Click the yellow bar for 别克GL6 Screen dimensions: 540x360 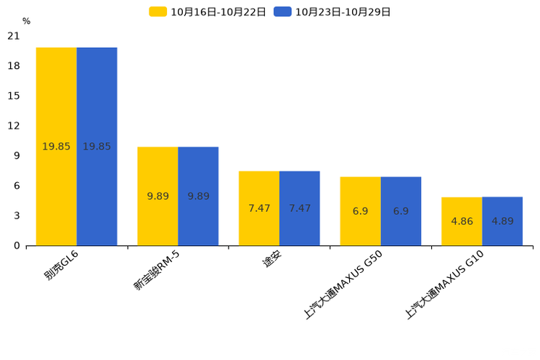click(57, 147)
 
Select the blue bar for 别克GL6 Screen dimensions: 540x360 click(97, 147)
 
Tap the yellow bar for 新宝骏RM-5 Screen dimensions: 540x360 click(157, 197)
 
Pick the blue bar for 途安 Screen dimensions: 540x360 click(300, 208)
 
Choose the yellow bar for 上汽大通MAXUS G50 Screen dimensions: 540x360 click(361, 211)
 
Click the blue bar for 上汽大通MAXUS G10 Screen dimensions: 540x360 click(502, 221)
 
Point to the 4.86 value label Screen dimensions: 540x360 click(462, 221)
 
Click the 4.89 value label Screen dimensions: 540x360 click(502, 221)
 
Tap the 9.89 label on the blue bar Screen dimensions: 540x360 click(198, 197)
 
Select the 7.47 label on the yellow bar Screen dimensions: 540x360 click(259, 208)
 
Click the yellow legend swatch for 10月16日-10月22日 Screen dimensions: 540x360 click(157, 12)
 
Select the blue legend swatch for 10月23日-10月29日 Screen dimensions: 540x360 click(282, 12)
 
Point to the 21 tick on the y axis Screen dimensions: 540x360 click(14, 36)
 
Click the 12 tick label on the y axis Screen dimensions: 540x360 click(14, 126)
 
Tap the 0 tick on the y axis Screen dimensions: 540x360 click(17, 245)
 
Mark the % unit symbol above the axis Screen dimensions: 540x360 click(27, 21)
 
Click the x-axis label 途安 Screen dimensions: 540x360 click(272, 258)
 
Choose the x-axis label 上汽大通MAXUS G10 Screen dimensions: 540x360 click(444, 285)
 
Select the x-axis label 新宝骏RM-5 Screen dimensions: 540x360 click(157, 271)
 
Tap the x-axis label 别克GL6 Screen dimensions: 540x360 click(61, 265)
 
